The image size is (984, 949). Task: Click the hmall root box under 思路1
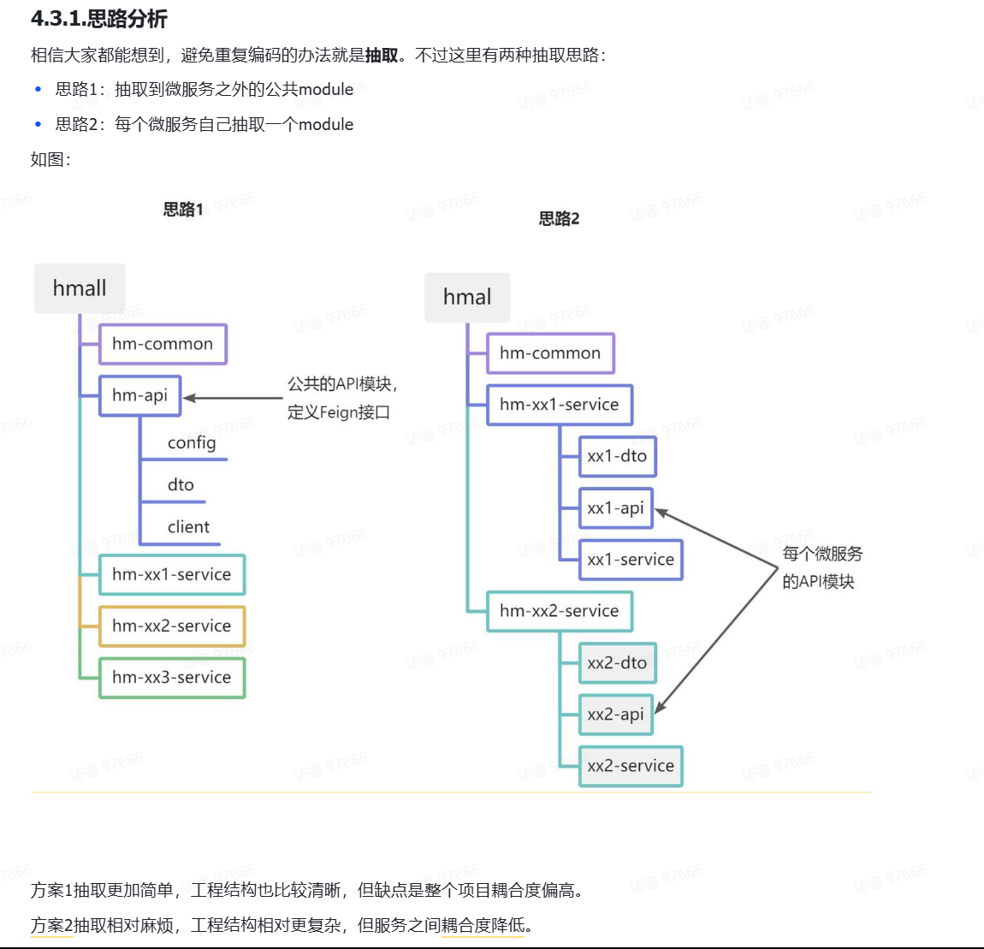(x=80, y=288)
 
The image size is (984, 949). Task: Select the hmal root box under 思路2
(x=467, y=298)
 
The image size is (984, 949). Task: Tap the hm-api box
(x=139, y=395)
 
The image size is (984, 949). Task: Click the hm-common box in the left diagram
(x=163, y=344)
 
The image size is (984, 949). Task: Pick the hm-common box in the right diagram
(x=550, y=353)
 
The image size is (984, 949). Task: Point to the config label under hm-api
(x=192, y=442)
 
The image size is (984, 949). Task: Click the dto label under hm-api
(x=181, y=485)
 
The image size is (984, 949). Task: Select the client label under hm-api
(x=188, y=527)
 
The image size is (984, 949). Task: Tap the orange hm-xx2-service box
(x=171, y=626)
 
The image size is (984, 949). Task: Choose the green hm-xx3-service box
(x=171, y=678)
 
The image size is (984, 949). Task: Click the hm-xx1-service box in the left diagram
(x=171, y=575)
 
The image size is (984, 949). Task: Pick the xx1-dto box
(x=617, y=456)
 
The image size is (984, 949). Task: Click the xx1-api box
(x=615, y=508)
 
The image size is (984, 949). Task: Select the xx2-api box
(x=615, y=715)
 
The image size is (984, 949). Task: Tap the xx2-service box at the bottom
(x=631, y=766)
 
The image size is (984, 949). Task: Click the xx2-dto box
(x=617, y=663)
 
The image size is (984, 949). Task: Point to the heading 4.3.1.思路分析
(x=99, y=19)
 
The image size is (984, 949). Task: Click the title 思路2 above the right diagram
(x=559, y=219)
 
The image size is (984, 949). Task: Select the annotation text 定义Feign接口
(x=338, y=412)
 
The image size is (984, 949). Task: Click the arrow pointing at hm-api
(x=233, y=398)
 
